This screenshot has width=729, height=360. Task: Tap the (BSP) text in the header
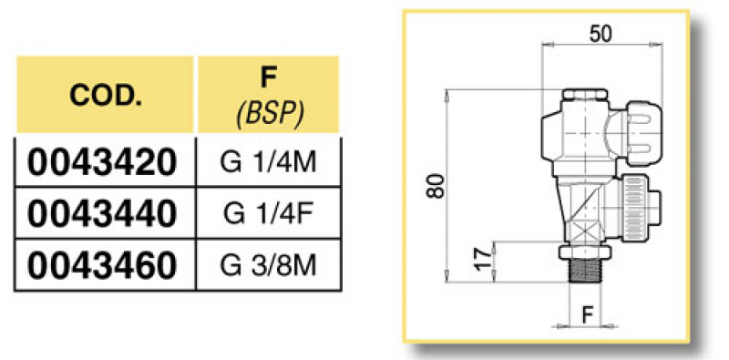pyautogui.click(x=269, y=113)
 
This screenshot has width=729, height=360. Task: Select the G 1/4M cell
pyautogui.click(x=269, y=162)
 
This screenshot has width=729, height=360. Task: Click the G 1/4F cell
pyautogui.click(x=269, y=213)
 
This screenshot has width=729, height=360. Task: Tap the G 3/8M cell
pyautogui.click(x=269, y=265)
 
